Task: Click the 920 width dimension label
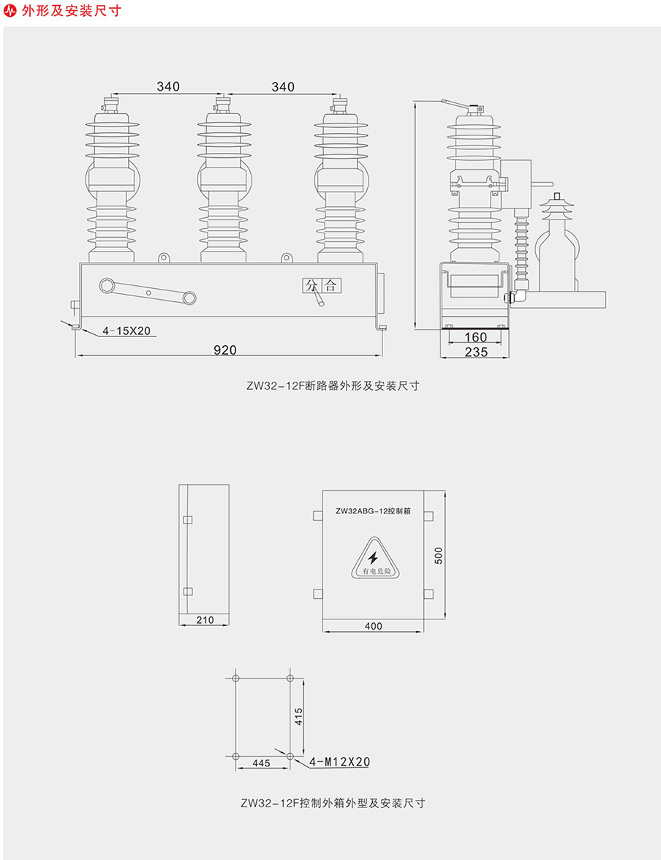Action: pyautogui.click(x=224, y=350)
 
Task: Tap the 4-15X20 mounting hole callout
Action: pyautogui.click(x=126, y=331)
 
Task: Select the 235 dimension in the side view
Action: pyautogui.click(x=475, y=352)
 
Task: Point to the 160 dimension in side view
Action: pyautogui.click(x=475, y=337)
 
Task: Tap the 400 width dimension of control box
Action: pyautogui.click(x=373, y=626)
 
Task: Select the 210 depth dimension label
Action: pyautogui.click(x=205, y=620)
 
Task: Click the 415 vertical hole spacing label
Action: pyautogui.click(x=298, y=717)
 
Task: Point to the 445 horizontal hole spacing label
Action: pyautogui.click(x=260, y=763)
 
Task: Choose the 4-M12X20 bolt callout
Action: pyautogui.click(x=339, y=762)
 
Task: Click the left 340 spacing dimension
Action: pyautogui.click(x=167, y=87)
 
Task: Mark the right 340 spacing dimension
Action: pyautogui.click(x=282, y=87)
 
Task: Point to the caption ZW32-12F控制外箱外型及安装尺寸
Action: pyautogui.click(x=333, y=803)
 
